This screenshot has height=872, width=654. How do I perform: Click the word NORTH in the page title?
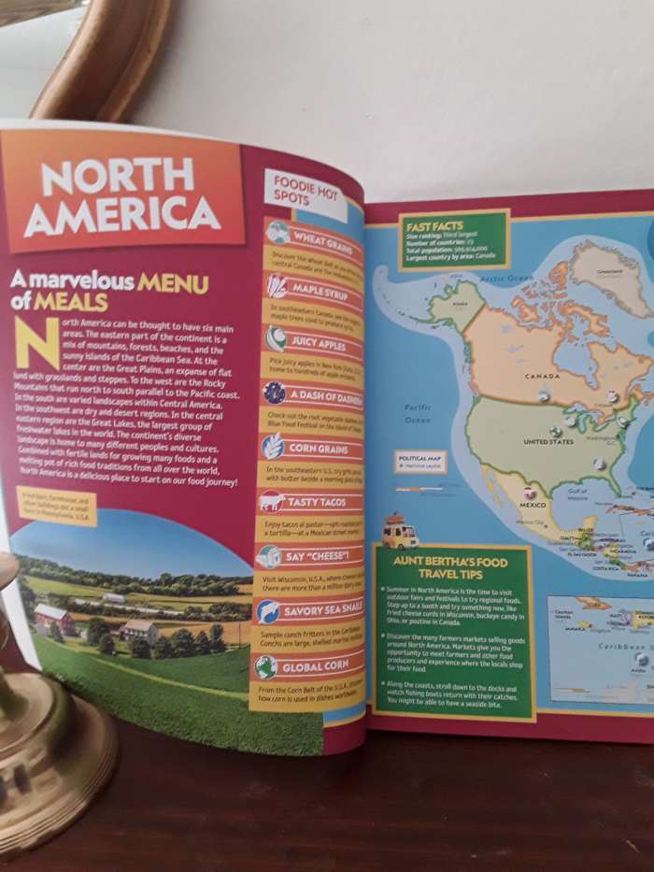click(116, 177)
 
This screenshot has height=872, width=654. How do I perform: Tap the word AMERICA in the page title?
click(121, 216)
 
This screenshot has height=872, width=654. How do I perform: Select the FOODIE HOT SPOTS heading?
click(297, 189)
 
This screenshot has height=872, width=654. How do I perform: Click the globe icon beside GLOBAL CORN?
click(266, 666)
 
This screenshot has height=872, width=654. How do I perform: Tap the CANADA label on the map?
click(542, 377)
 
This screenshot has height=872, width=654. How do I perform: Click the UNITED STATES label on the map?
click(548, 441)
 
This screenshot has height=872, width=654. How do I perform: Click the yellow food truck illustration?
click(400, 532)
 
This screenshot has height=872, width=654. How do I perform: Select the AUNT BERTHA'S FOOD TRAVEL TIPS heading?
click(451, 566)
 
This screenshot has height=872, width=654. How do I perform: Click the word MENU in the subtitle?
click(173, 283)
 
